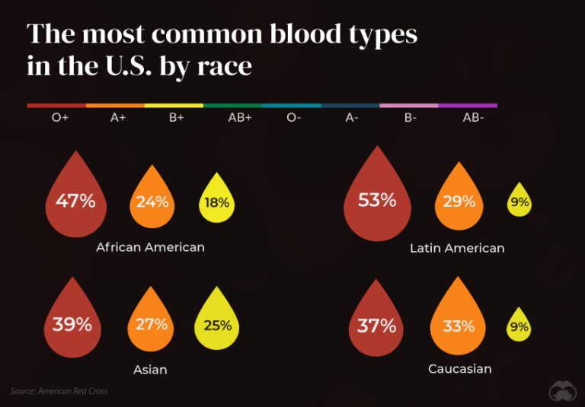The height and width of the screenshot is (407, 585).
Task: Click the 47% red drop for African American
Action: [x=75, y=201]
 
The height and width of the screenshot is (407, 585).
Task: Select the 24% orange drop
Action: [x=152, y=202]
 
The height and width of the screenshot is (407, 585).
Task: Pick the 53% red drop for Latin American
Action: [x=377, y=199]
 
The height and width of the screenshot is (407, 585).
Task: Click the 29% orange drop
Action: [x=459, y=201]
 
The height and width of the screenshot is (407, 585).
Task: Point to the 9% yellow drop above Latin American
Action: [x=520, y=202]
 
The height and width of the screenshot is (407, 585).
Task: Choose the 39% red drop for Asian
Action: [x=72, y=323]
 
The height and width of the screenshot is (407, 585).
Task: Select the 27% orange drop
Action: [x=151, y=324]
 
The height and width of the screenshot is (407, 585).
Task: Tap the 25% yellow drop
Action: [x=217, y=326]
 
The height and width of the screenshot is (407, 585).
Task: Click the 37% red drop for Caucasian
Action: [x=377, y=326]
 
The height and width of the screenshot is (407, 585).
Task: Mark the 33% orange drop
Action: [x=459, y=326]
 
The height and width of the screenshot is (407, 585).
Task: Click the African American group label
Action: [x=150, y=247]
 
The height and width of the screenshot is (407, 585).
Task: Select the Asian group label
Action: [x=150, y=370]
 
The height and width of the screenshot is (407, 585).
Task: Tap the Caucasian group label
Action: [x=459, y=369]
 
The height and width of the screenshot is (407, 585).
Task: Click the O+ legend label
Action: [x=60, y=117]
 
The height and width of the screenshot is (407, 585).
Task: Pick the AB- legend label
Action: [x=472, y=117]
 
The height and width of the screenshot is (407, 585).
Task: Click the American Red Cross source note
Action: [x=59, y=391]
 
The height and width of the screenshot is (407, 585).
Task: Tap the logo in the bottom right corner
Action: [x=561, y=390]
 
